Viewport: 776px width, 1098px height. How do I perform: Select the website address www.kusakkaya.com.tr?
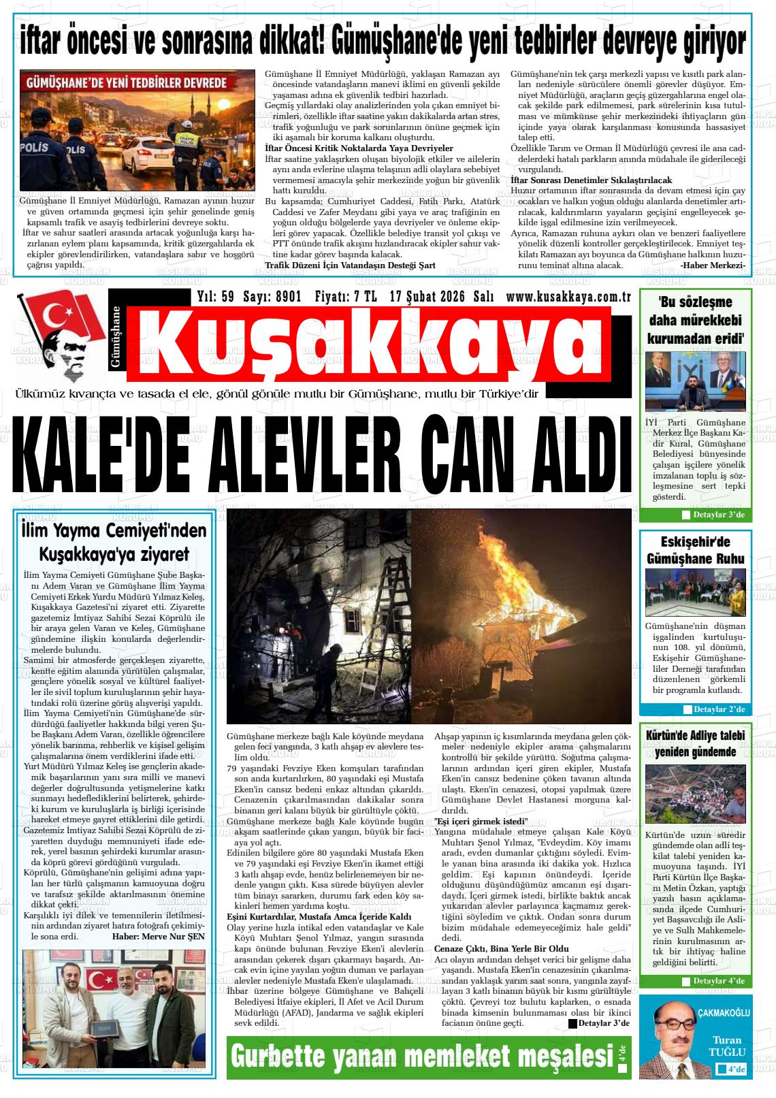tap(568, 297)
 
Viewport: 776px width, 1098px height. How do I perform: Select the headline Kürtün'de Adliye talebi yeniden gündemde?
tap(695, 743)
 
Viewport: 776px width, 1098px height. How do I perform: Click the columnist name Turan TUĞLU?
tap(728, 1046)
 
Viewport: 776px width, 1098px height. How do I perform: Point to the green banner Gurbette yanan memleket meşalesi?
tap(422, 1056)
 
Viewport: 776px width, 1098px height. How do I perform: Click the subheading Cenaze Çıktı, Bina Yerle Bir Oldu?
tap(501, 948)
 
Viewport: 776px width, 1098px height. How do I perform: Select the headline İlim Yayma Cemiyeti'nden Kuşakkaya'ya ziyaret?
tap(113, 541)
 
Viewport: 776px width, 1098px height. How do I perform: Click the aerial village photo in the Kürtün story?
tap(695, 794)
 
